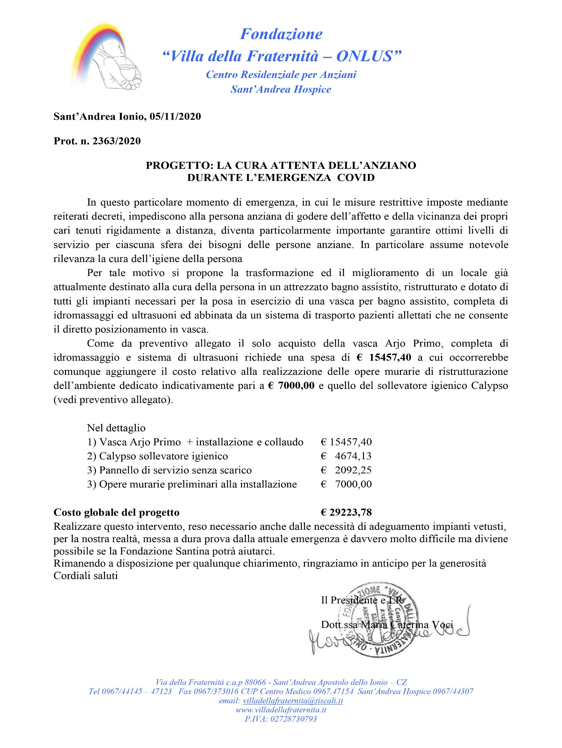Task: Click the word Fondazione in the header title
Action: [281, 34]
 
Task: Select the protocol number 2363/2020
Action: [117, 141]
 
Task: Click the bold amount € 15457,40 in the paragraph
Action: [384, 357]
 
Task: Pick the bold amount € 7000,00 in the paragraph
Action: [292, 386]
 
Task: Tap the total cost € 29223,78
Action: [346, 512]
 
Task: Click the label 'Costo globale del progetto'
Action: [117, 512]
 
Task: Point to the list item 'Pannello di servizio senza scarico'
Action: [175, 470]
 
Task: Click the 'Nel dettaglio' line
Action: [116, 428]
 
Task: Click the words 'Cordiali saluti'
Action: [86, 576]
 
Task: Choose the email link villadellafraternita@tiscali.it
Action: [293, 701]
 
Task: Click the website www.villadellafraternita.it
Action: [281, 710]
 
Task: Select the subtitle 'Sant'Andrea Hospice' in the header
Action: [281, 89]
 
